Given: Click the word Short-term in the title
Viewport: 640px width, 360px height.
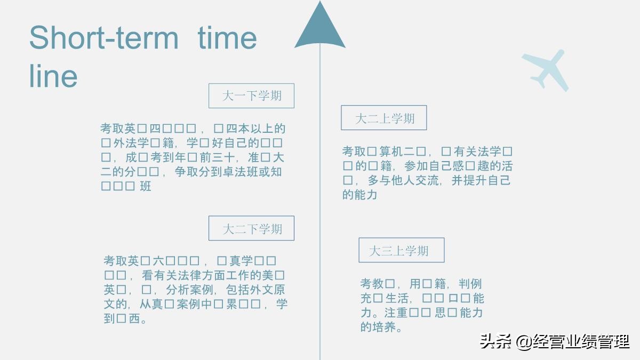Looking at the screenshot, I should click(x=103, y=37).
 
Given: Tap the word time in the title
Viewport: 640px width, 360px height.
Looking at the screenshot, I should click(x=227, y=37).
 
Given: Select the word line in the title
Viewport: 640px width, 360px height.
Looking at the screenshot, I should click(x=53, y=76).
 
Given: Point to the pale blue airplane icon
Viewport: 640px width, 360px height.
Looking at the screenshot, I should click(x=546, y=69).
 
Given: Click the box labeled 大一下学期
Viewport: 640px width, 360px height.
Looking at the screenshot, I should click(x=251, y=96).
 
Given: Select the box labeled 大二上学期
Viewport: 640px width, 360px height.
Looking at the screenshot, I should click(x=384, y=118).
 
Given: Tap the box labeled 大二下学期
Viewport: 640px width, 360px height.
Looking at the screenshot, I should click(x=251, y=228).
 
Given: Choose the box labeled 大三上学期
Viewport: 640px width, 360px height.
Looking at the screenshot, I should click(x=401, y=250).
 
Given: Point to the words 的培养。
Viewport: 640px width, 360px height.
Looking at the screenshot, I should click(x=382, y=327).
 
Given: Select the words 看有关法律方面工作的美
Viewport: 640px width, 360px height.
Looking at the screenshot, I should click(x=207, y=276).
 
